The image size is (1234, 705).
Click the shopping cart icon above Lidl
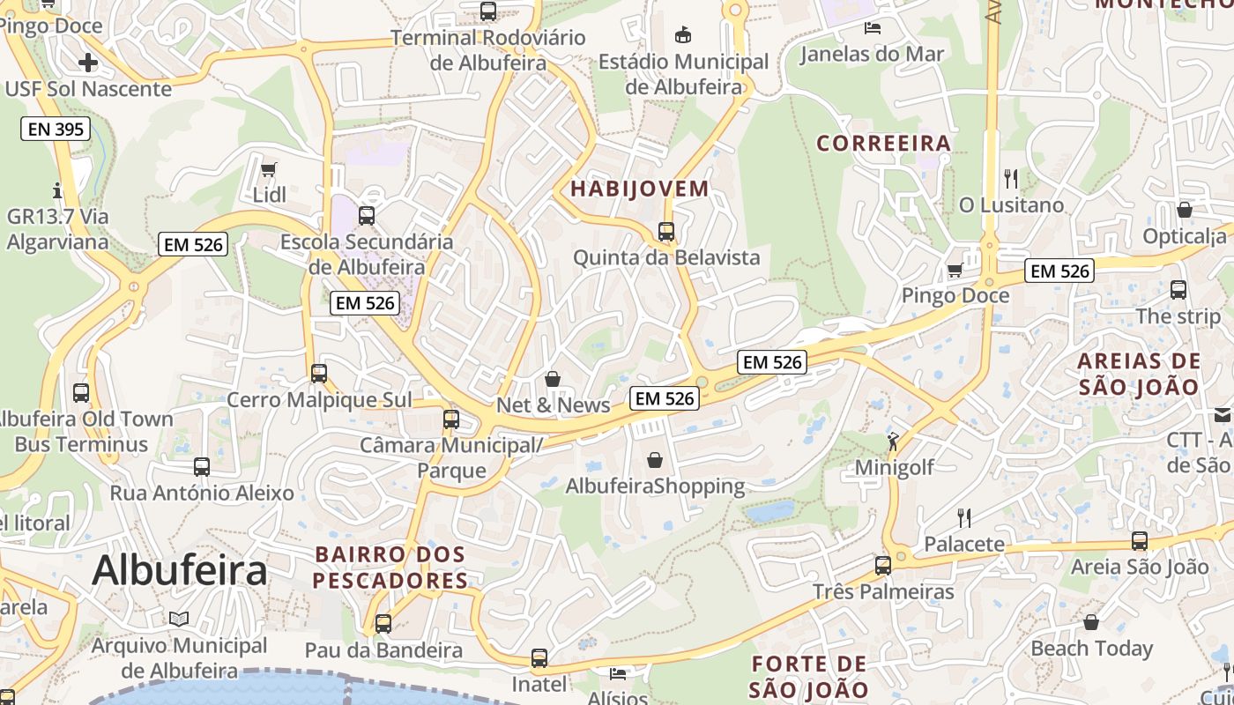tap(269, 169)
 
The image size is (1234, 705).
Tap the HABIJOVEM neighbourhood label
tap(639, 189)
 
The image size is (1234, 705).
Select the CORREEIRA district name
tap(883, 143)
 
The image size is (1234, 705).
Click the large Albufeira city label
tap(179, 570)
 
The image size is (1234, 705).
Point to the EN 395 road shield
tap(56, 130)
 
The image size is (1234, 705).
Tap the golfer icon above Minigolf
tap(893, 441)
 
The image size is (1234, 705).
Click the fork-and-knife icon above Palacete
tap(964, 517)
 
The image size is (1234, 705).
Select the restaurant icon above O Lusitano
tap(1011, 179)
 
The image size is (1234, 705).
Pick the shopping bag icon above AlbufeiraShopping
tap(655, 460)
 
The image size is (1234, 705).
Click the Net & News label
tap(554, 405)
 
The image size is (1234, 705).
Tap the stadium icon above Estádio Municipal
tap(682, 35)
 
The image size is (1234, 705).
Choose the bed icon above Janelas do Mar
tap(872, 27)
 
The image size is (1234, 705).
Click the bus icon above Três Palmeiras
tap(883, 565)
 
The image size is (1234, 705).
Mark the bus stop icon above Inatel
tap(539, 657)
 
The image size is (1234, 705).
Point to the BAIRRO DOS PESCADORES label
tap(390, 568)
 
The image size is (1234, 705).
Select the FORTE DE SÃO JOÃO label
tap(810, 677)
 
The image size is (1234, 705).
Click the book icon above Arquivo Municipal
tap(179, 619)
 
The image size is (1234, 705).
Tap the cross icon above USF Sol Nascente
tap(87, 62)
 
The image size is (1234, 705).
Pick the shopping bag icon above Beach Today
tap(1091, 622)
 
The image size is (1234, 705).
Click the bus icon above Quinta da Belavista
tap(666, 232)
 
